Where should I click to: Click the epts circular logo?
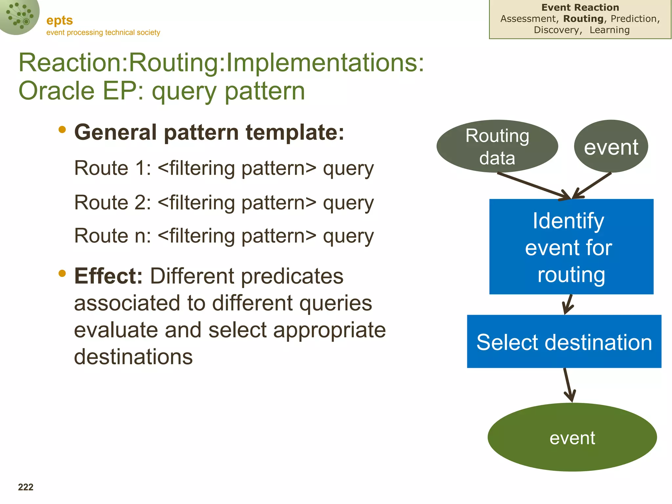coord(19,16)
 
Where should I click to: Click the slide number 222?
coord(26,487)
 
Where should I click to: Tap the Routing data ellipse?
coord(497,146)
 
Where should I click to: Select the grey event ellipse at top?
coord(611,146)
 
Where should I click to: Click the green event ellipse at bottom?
coord(572,437)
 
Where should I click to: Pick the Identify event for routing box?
coord(571,247)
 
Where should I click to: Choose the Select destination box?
coord(564,342)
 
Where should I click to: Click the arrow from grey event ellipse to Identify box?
coord(593,185)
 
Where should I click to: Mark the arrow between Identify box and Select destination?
coord(568,304)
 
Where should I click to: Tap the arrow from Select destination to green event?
coord(568,385)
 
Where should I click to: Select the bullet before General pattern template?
coord(62,130)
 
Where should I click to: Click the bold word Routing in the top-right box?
coord(583,19)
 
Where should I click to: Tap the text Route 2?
coord(113,202)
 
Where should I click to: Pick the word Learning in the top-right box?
coord(609,30)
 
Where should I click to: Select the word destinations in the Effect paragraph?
coord(133,357)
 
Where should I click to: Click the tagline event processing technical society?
coord(103,32)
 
